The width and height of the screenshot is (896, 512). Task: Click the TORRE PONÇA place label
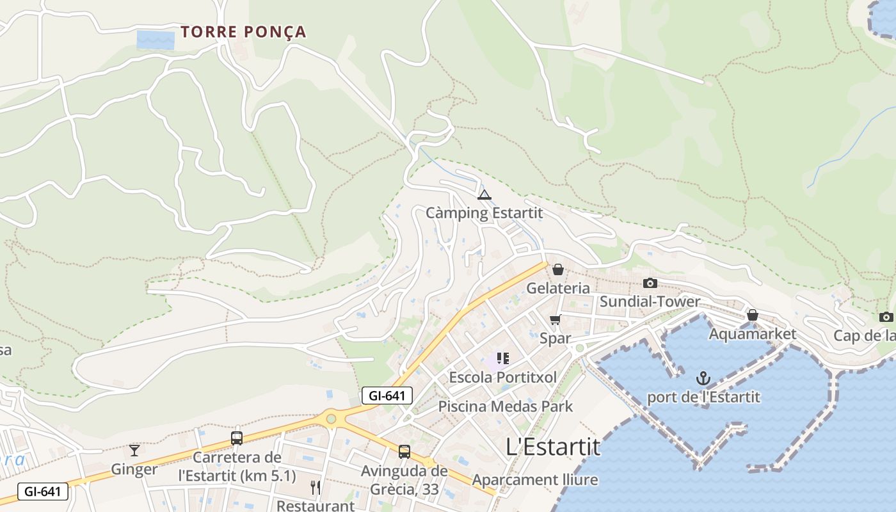tap(243, 32)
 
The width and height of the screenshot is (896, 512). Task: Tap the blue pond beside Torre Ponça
tap(156, 40)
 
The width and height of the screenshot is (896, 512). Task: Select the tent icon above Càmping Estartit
tap(484, 195)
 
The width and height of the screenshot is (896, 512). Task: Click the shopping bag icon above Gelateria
tap(558, 269)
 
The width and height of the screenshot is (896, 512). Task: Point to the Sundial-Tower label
tap(650, 301)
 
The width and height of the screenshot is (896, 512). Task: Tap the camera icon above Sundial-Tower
tap(650, 283)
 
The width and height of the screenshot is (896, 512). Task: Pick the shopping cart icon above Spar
tap(555, 319)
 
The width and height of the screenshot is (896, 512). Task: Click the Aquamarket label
tap(752, 333)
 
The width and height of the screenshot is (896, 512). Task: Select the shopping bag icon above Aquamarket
tap(753, 315)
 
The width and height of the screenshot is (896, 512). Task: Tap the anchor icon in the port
tap(703, 378)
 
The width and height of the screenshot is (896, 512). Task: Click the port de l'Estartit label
tap(703, 397)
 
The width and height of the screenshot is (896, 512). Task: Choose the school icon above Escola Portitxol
tap(503, 358)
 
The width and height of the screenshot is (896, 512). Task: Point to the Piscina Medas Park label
tap(505, 406)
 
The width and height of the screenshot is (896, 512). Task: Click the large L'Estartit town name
tap(553, 447)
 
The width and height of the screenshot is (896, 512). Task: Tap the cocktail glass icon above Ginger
tap(134, 451)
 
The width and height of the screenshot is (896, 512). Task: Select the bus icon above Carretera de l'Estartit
tap(237, 438)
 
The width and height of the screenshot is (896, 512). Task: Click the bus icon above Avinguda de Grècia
tap(404, 452)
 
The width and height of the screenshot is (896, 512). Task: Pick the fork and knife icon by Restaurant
tap(315, 488)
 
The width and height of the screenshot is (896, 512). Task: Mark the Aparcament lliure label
tap(535, 480)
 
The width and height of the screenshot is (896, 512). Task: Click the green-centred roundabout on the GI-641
tap(331, 419)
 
